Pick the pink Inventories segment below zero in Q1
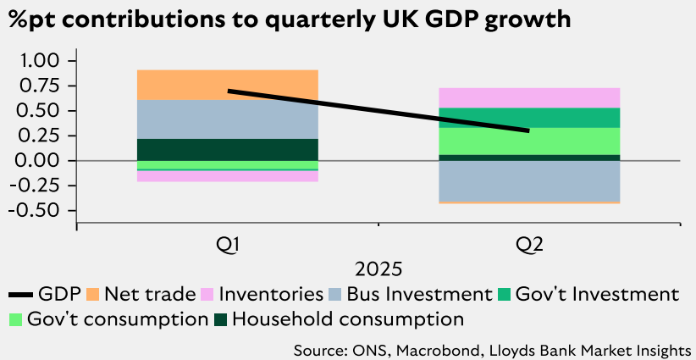(x=227, y=176)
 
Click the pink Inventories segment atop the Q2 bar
(x=529, y=97)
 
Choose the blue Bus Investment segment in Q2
(x=529, y=180)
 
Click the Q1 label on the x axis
(x=227, y=245)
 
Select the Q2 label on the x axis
(x=529, y=245)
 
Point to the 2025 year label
(x=378, y=270)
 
